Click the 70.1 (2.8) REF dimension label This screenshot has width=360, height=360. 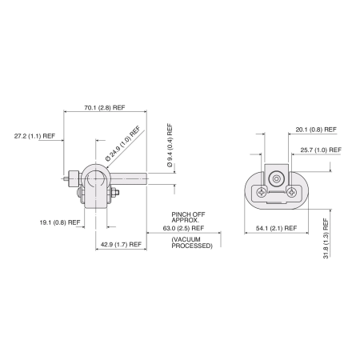pyautogui.click(x=103, y=108)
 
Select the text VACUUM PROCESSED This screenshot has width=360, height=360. pyautogui.click(x=192, y=242)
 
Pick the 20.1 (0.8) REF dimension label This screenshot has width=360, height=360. pyautogui.click(x=314, y=129)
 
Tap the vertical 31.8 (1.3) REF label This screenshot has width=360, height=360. pyautogui.click(x=326, y=238)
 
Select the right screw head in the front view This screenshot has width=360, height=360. pyautogui.click(x=294, y=192)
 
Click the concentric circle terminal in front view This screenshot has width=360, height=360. pyautogui.click(x=277, y=178)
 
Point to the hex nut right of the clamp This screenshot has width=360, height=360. pyautogui.click(x=114, y=192)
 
